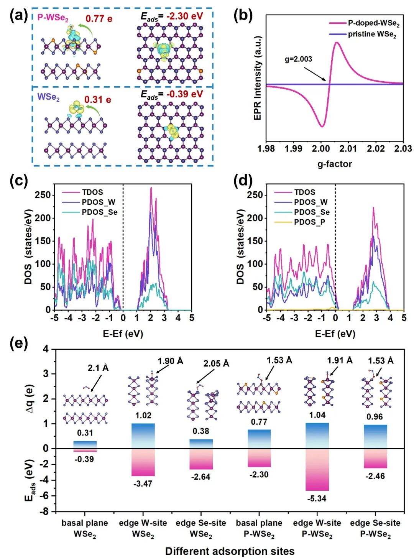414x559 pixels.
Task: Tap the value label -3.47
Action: [x=143, y=484]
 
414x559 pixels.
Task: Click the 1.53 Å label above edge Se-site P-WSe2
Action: [x=381, y=361]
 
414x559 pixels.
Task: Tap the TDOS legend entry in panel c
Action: [x=83, y=192]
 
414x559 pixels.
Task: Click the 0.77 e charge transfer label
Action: [x=99, y=18]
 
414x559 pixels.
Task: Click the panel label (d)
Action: [x=243, y=182]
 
